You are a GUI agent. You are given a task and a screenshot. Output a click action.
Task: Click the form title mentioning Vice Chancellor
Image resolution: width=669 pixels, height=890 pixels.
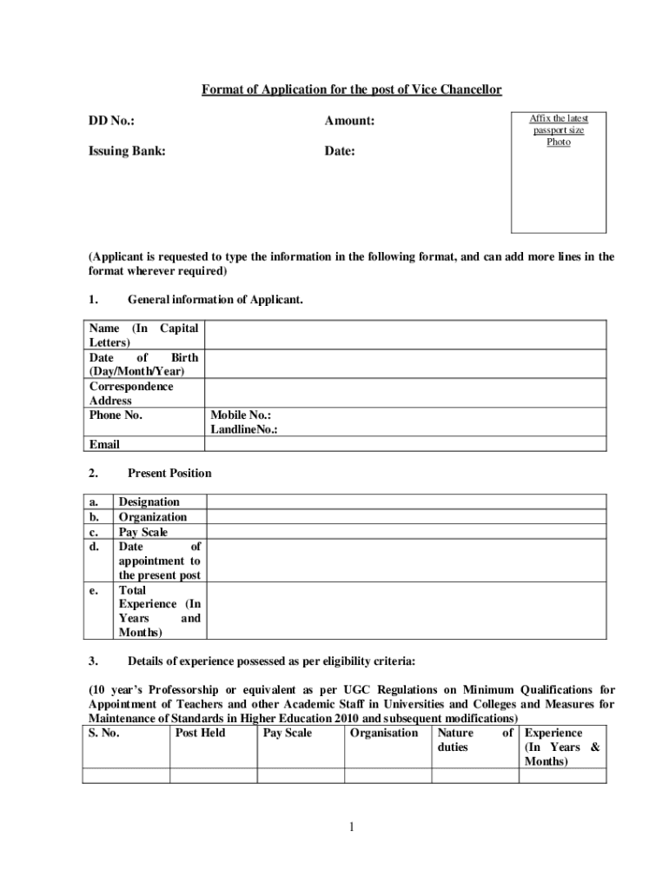352,90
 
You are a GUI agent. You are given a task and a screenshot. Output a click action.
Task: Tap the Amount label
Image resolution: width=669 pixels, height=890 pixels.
349,121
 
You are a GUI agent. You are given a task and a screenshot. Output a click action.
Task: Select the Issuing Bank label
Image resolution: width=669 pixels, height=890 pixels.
127,151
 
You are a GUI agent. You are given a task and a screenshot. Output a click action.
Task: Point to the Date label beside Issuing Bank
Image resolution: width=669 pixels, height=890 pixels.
340,151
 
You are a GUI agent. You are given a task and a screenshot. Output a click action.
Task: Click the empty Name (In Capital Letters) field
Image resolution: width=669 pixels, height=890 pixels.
405,335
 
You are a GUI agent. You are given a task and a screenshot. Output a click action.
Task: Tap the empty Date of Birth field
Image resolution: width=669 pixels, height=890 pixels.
405,364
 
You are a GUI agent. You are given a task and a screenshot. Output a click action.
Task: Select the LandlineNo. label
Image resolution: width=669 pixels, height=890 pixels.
244,429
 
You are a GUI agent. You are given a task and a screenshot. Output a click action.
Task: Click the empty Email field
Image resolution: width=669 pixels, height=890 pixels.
405,444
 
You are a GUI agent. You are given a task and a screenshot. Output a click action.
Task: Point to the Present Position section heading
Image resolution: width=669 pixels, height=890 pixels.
169,474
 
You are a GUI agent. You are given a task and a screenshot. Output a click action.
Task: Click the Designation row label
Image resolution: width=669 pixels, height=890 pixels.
149,502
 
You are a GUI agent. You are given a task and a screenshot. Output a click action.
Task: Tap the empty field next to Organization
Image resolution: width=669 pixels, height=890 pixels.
407,517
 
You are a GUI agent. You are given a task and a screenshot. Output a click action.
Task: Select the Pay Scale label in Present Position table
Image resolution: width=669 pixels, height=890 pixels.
143,532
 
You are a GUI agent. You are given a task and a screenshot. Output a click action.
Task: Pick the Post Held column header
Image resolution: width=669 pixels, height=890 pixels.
200,733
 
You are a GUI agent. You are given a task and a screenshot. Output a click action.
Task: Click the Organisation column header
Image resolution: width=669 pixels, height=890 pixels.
383,733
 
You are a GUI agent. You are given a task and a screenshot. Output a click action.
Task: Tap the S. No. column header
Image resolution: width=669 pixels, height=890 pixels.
104,733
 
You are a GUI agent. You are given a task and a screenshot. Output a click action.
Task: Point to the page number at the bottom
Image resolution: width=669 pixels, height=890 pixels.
351,827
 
